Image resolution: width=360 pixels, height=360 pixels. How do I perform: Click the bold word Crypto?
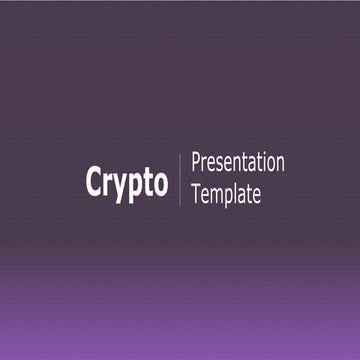coord(126,182)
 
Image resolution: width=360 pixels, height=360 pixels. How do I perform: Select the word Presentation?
coord(237,163)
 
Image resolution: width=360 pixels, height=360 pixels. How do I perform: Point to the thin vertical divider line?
coord(180,180)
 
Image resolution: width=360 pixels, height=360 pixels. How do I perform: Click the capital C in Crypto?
coord(95,181)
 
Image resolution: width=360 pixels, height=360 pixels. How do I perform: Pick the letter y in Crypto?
coord(119,185)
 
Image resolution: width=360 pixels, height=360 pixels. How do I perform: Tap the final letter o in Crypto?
coord(159,183)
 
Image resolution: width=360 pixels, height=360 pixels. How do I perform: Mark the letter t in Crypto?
coord(146,182)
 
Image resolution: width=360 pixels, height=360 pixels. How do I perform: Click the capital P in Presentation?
coord(195,163)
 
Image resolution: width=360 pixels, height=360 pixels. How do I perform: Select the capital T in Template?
coord(195,194)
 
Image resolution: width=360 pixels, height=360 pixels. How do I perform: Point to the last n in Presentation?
coord(280,164)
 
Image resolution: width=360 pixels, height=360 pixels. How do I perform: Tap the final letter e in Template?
coord(258,195)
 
